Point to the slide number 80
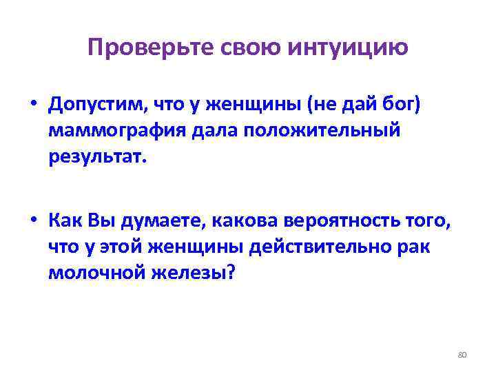(462, 355)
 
